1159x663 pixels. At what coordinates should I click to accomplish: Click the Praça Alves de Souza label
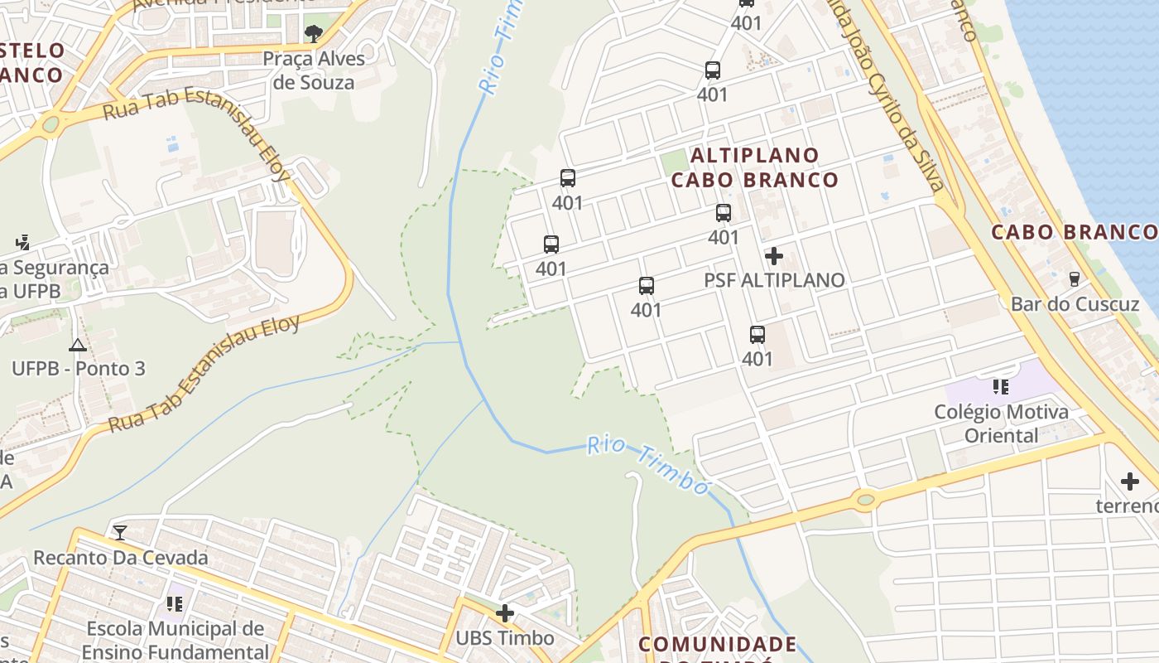click(314, 70)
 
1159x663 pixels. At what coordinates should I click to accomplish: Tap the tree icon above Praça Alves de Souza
click(314, 34)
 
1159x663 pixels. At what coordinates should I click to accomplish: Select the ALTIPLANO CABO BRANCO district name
click(754, 167)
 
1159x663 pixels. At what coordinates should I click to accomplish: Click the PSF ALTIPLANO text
click(774, 280)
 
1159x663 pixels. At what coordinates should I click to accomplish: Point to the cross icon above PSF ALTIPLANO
click(774, 256)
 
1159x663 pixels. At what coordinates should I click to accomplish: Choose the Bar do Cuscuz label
click(1075, 304)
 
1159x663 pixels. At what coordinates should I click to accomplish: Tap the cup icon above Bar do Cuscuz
click(1075, 279)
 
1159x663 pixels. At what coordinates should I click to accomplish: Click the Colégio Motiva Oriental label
click(1001, 423)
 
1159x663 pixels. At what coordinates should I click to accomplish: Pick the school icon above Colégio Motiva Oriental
click(1001, 387)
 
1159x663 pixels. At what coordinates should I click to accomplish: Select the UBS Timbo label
click(505, 638)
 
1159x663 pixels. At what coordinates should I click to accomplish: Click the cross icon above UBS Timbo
click(505, 613)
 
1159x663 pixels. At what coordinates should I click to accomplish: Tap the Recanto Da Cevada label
click(121, 558)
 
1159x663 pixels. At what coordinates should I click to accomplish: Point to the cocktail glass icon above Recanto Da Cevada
click(121, 532)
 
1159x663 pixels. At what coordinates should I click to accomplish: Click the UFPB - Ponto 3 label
click(79, 368)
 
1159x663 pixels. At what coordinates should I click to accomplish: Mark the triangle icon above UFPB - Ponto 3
click(78, 345)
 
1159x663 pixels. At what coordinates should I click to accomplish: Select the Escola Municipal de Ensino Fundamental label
click(175, 641)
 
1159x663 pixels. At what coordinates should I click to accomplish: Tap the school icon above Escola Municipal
click(174, 603)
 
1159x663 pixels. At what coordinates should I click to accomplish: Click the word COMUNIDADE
click(718, 644)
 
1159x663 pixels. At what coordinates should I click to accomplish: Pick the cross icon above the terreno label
click(1130, 482)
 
